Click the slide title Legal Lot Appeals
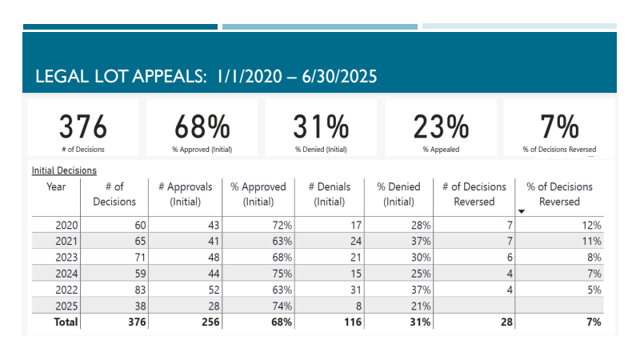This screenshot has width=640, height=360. (x=206, y=77)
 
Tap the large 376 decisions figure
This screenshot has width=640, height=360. (x=83, y=127)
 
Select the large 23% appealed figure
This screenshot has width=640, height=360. (x=441, y=127)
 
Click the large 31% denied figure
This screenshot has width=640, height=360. (x=320, y=127)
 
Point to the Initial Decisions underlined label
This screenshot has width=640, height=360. (x=64, y=170)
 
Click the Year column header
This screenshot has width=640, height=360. (x=56, y=187)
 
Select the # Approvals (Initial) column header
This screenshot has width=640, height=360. (x=186, y=194)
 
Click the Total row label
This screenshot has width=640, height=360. (x=66, y=322)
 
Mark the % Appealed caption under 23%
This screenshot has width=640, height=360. (x=441, y=149)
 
